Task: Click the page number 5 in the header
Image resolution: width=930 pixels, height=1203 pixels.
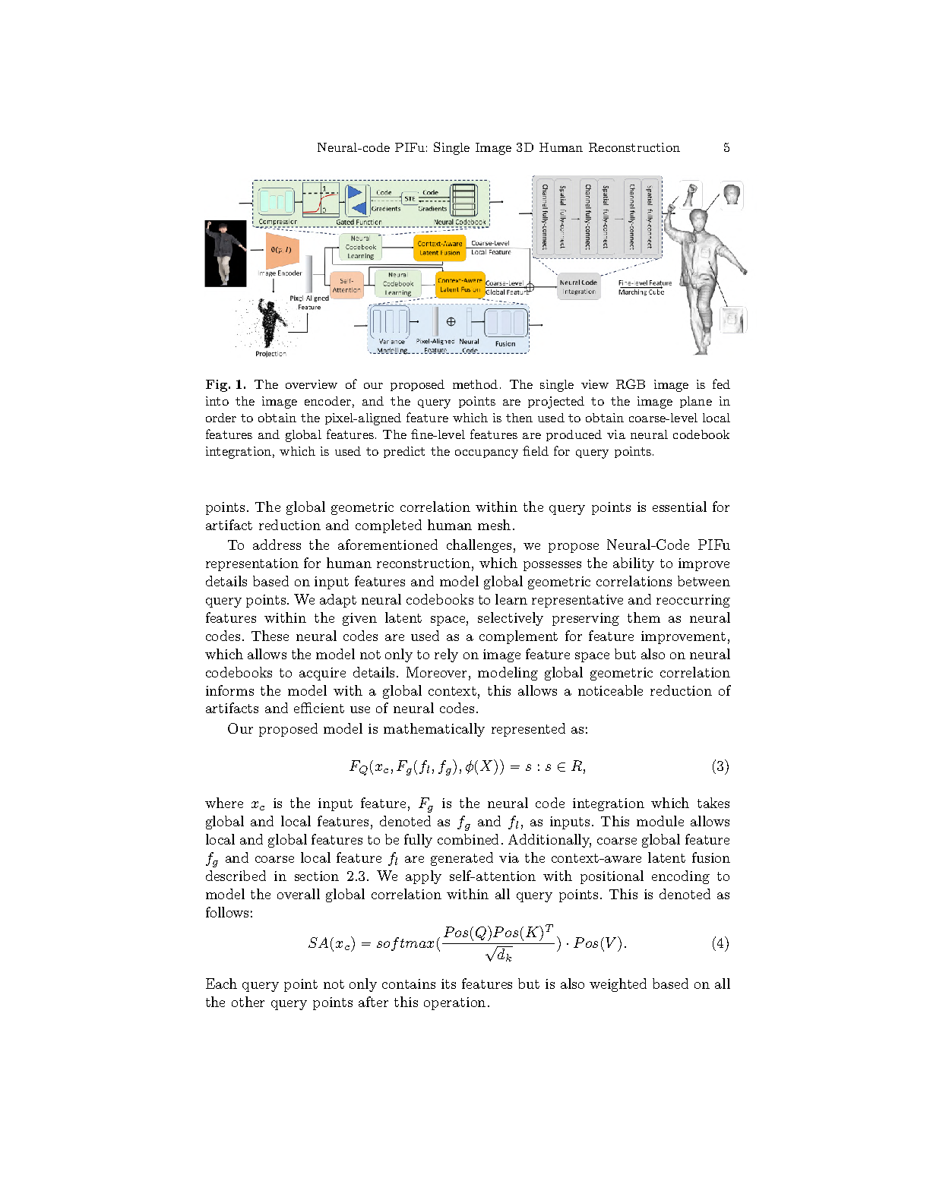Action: [726, 147]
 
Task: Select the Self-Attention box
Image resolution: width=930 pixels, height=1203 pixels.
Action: [346, 286]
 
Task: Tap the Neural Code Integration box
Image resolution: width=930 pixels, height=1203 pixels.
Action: [578, 287]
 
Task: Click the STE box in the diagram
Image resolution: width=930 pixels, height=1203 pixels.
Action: [410, 199]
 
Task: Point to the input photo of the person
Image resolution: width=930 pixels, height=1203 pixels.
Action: [226, 253]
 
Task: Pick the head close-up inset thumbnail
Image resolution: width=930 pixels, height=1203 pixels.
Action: [732, 195]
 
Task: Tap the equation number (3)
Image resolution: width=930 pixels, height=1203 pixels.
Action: [720, 766]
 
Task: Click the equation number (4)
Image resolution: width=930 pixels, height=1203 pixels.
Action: [720, 943]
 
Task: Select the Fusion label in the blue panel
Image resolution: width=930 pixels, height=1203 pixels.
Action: [505, 344]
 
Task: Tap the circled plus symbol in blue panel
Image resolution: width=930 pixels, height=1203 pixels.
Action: [451, 321]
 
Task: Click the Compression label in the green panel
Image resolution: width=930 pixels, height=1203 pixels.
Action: [277, 222]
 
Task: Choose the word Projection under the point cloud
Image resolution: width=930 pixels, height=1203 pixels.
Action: [270, 354]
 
